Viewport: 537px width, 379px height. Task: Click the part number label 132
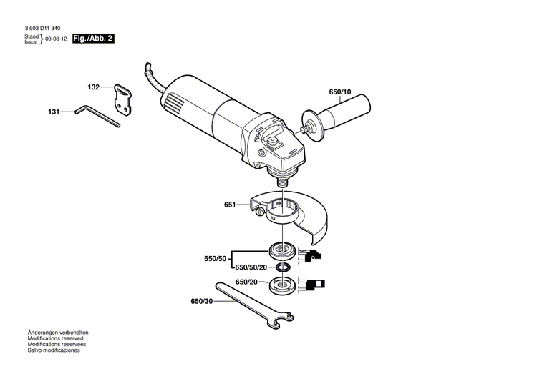[x=94, y=87]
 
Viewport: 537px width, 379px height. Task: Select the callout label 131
[x=54, y=112]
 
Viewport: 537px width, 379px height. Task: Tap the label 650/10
[x=340, y=92]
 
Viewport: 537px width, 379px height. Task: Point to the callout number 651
[x=229, y=205]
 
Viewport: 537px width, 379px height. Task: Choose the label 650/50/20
[x=251, y=267]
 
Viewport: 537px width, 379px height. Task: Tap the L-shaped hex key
[x=97, y=116]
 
